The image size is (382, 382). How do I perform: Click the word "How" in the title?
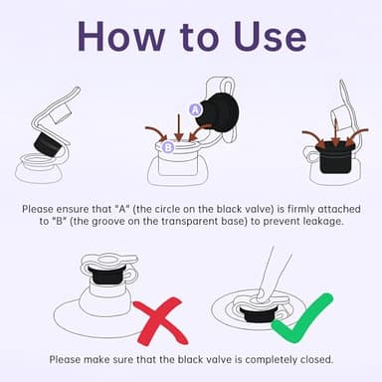121,36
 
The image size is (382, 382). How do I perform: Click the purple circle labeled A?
196,109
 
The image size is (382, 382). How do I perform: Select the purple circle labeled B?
168,147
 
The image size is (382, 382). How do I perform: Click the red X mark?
160,321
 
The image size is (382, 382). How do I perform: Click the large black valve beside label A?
220,111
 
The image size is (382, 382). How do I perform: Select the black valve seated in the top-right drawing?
335,156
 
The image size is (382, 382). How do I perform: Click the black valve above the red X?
107,275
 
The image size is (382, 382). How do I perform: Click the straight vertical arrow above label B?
179,127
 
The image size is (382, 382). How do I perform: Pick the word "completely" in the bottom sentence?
271,359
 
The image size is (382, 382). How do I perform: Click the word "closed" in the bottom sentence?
316,359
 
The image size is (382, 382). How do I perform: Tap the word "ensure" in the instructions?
72,210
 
